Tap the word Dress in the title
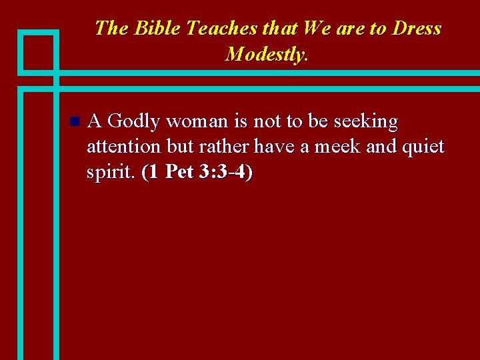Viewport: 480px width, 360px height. (x=417, y=29)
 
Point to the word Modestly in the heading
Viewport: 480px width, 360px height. (x=266, y=54)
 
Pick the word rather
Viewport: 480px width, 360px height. (x=224, y=147)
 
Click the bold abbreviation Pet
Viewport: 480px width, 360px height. (x=179, y=172)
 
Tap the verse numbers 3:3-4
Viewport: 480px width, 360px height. (x=225, y=172)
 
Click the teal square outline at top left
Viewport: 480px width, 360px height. (x=38, y=52)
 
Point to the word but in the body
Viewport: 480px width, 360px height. (x=179, y=147)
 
